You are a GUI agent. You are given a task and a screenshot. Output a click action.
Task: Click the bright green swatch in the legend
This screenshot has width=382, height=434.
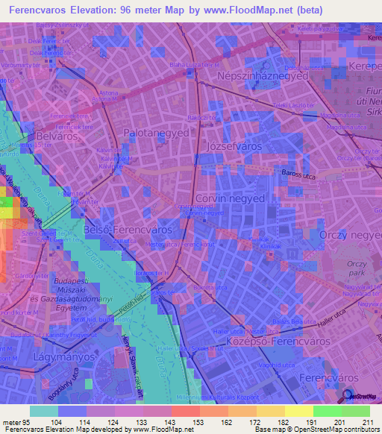click(327, 411)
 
